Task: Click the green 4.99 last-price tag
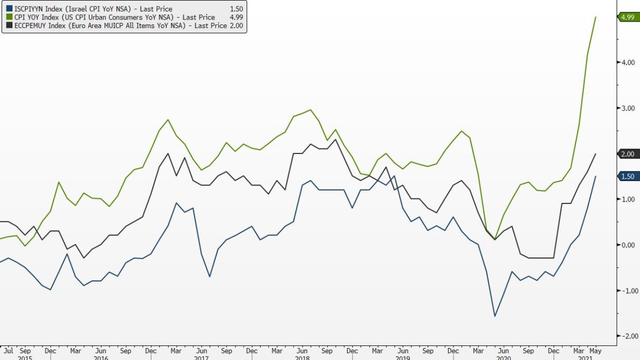pyautogui.click(x=627, y=17)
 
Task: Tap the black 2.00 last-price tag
pyautogui.click(x=627, y=154)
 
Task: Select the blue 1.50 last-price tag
pyautogui.click(x=627, y=176)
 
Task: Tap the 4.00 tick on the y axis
pyautogui.click(x=627, y=62)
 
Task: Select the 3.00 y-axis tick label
pyautogui.click(x=627, y=108)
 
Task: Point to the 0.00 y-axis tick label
pyautogui.click(x=627, y=245)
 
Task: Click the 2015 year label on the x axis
pyautogui.click(x=25, y=358)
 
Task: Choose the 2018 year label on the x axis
pyautogui.click(x=302, y=358)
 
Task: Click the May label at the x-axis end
pyautogui.click(x=595, y=351)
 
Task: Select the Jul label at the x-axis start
pyautogui.click(x=8, y=351)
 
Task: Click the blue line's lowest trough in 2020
pyautogui.click(x=495, y=316)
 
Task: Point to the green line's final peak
pyautogui.click(x=595, y=17)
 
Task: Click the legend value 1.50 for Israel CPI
pyautogui.click(x=236, y=9)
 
